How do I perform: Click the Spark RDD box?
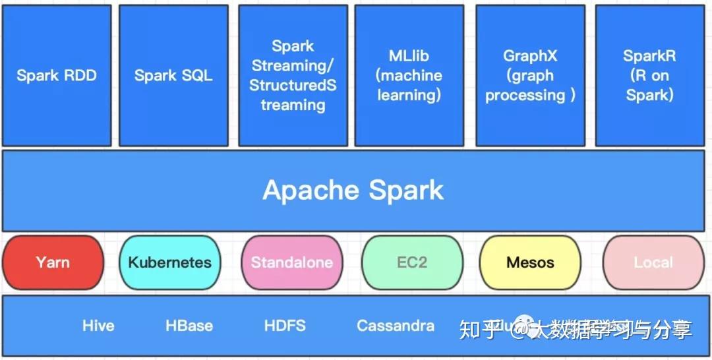57,75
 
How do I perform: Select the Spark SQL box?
173,75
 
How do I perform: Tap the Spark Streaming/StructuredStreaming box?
293,75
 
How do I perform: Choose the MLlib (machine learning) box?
409,75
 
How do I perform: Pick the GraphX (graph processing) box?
530,75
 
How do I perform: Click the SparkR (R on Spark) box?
649,75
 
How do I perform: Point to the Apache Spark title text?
353,191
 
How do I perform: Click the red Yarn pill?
53,262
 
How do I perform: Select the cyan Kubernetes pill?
170,262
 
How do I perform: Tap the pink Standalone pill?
291,262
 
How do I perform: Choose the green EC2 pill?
412,262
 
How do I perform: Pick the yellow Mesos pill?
530,262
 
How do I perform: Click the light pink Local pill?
653,262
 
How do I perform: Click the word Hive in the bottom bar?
98,326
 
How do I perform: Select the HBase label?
189,326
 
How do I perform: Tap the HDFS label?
285,326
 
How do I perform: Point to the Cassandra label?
396,326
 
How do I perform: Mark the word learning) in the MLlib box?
409,95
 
